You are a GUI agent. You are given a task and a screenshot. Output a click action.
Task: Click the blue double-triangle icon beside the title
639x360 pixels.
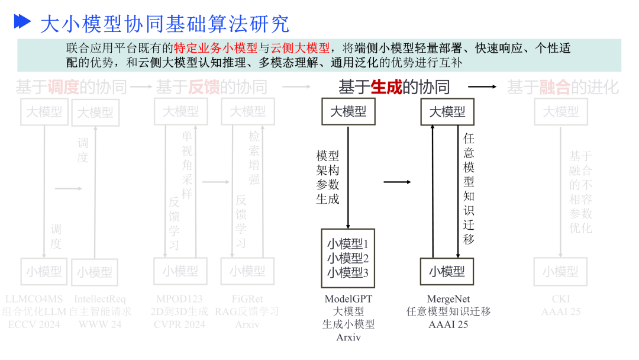point(22,22)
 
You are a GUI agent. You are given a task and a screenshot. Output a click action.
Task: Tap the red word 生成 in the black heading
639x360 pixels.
point(386,88)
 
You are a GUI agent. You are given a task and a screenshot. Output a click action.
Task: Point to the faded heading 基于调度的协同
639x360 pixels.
point(71,88)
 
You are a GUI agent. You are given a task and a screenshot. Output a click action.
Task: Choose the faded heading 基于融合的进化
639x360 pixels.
point(563,88)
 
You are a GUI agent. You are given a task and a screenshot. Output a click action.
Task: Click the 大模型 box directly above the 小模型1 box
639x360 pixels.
point(348,111)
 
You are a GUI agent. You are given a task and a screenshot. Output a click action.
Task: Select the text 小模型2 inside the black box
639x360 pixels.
point(348,258)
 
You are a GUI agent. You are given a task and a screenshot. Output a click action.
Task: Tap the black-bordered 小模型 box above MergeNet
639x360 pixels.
point(447,272)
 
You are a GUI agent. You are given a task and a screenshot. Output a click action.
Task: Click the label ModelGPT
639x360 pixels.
point(348,299)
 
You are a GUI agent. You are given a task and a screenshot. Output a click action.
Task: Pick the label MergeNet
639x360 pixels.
point(448,299)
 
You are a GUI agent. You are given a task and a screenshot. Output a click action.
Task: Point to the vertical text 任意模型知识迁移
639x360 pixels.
point(469,188)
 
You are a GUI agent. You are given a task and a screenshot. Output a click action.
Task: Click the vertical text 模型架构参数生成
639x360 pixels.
point(328,177)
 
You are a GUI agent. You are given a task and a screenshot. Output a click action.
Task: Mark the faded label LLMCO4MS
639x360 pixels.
point(34,299)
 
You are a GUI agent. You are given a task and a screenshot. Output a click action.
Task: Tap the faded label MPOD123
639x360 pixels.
point(179,299)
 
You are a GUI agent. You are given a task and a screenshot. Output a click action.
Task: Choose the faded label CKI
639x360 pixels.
point(560,299)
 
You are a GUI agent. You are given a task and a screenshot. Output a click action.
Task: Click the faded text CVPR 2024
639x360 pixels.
point(179,324)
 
